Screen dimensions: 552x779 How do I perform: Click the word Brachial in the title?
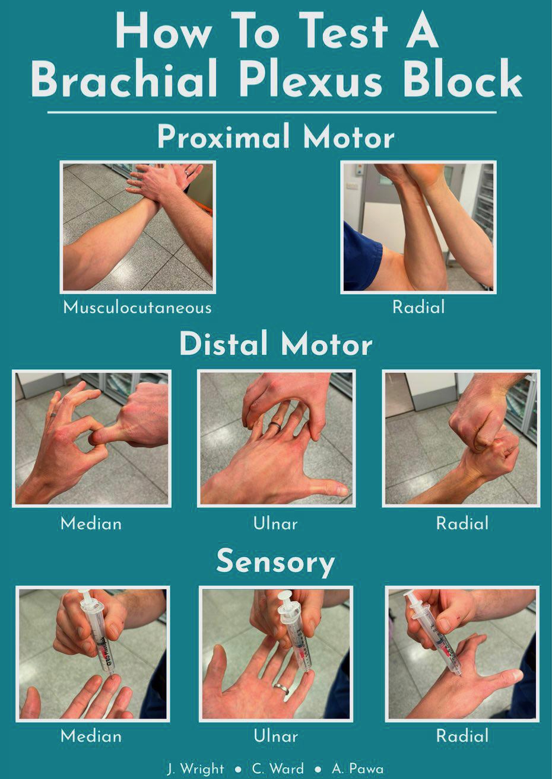[124, 78]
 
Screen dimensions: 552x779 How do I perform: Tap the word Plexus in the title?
[310, 78]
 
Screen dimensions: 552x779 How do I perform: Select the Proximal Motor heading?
[276, 137]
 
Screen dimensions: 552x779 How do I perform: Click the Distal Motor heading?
[276, 344]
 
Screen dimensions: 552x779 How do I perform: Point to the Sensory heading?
[275, 563]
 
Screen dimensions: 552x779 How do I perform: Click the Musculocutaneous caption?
[138, 308]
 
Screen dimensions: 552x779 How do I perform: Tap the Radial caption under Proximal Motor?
[418, 307]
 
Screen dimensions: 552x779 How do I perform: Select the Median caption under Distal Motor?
[91, 523]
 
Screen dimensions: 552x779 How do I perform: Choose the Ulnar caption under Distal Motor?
[275, 523]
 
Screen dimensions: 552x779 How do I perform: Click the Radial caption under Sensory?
[462, 736]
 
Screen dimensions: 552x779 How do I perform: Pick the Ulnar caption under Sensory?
[275, 736]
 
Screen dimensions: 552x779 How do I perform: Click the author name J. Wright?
[195, 769]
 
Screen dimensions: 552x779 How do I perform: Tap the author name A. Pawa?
[358, 768]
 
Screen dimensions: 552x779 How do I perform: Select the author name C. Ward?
[278, 768]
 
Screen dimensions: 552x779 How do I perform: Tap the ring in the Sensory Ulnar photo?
[281, 688]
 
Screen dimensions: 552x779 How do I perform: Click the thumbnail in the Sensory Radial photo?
[516, 675]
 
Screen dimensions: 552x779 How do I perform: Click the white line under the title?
[272, 112]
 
